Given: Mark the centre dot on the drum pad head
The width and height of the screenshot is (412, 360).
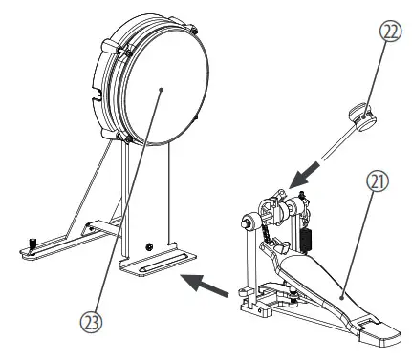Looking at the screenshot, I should [x=163, y=88].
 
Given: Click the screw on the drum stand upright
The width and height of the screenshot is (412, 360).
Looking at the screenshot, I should [x=148, y=245].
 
